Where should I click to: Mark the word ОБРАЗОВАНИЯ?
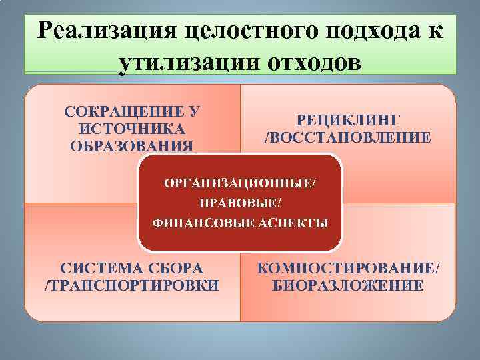132,145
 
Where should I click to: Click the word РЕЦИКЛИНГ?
347,120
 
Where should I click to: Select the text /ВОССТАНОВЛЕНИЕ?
347,137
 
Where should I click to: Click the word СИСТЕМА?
101,269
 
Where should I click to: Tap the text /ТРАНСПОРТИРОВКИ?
131,286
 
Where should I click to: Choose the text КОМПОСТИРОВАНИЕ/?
348,269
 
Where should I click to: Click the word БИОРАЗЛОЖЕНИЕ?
348,286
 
